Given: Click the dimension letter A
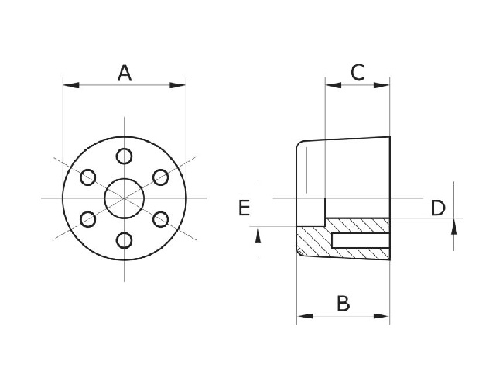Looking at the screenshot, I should click(x=124, y=74).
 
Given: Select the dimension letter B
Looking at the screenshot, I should click(x=343, y=303).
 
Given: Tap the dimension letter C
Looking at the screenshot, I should click(x=358, y=73).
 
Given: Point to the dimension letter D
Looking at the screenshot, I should click(x=438, y=208).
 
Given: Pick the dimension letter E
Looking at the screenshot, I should click(x=243, y=208).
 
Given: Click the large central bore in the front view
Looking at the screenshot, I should click(x=124, y=198).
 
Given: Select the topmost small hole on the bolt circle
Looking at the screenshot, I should click(x=124, y=156).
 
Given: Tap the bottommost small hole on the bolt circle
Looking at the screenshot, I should click(x=124, y=240).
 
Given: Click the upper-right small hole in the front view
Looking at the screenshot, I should click(x=160, y=177).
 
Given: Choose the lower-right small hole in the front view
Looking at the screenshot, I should click(x=160, y=219).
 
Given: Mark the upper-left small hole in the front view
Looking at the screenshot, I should click(x=87, y=177).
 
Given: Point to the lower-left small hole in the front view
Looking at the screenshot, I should click(x=87, y=219).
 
